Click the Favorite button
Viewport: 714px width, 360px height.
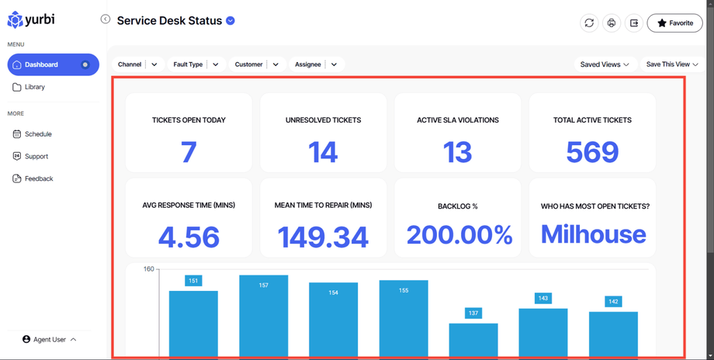[674, 23]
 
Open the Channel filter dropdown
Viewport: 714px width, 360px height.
[137, 64]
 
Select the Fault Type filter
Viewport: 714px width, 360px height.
[196, 64]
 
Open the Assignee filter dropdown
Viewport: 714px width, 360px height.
[315, 64]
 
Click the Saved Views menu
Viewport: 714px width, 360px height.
[605, 64]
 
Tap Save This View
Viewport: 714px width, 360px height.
[672, 64]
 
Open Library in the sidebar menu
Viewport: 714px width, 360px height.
[35, 87]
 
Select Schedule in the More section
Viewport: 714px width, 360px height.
[37, 134]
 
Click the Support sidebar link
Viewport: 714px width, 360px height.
[36, 156]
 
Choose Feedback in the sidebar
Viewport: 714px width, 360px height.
[38, 178]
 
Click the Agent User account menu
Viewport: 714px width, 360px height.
[50, 340]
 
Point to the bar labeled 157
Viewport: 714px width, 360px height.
[263, 318]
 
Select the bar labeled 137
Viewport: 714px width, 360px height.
[473, 340]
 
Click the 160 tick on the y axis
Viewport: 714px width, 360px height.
[149, 269]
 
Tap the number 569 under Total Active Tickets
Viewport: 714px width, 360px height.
[592, 152]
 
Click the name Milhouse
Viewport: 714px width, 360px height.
[593, 234]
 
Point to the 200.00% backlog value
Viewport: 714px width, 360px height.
[459, 234]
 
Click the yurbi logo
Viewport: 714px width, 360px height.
[31, 19]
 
